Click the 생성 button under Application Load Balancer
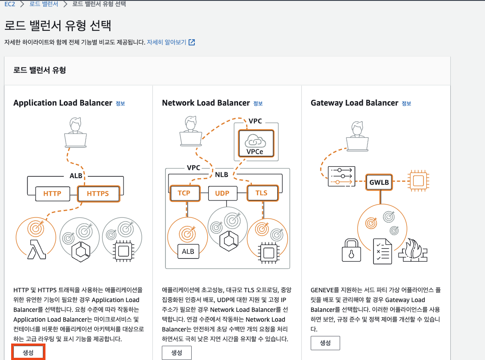28,352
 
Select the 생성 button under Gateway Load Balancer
325,343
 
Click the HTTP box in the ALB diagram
52,193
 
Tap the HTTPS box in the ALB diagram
98,193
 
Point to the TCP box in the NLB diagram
184,193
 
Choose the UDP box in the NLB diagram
222,193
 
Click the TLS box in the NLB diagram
261,193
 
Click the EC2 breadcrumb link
10,4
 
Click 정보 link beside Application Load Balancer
120,103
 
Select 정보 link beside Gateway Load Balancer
406,103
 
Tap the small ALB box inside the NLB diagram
188,251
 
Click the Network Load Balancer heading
206,103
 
